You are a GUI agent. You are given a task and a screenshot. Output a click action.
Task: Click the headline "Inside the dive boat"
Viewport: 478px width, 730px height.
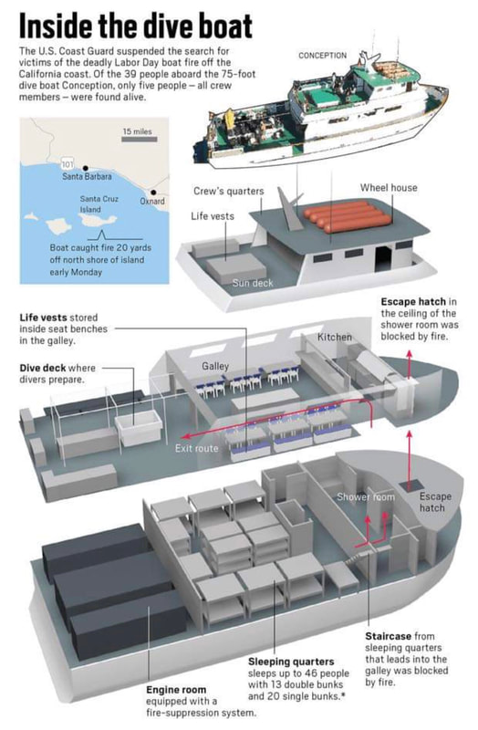coord(136,26)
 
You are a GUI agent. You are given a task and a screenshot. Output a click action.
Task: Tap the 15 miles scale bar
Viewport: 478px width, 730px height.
coord(140,139)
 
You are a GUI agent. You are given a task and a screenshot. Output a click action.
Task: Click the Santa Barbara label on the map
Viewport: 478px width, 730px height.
coord(87,176)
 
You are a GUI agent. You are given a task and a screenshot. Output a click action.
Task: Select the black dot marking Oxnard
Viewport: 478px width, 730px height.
coord(153,193)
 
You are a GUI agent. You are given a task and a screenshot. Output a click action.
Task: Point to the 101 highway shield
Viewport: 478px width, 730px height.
coord(67,163)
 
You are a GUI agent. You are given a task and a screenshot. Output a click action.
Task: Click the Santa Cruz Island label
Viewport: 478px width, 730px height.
coord(99,203)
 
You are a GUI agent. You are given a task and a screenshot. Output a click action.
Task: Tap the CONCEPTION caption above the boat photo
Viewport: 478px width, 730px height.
coord(323,56)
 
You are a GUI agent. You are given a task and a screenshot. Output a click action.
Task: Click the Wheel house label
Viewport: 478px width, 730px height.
coord(389,188)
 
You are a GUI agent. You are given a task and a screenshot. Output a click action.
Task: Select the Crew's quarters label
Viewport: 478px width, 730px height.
coord(229,192)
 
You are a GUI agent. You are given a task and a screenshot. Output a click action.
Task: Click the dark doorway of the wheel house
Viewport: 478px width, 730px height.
coord(382,258)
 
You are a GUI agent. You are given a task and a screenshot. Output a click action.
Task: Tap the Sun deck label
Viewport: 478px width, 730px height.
coord(253,283)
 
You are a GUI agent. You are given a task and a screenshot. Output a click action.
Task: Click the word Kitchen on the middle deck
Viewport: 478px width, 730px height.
coord(335,337)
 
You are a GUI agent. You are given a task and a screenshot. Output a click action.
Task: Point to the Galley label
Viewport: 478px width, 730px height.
coord(215,367)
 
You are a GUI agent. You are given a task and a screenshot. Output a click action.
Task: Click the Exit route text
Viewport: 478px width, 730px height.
coord(196,448)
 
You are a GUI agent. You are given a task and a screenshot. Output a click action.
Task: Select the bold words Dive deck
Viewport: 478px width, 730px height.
coord(44,368)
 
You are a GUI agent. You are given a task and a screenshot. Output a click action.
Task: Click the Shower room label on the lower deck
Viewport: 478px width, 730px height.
coord(366,496)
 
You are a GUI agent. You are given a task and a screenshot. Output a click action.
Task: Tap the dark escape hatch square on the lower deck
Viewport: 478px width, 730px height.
coord(410,486)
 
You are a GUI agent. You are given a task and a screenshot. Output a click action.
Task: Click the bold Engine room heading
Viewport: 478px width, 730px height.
coord(176,690)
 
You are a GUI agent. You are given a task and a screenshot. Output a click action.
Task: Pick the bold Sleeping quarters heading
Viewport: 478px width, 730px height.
coord(291,662)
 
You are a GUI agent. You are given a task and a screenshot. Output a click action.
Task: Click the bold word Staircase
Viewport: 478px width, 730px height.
coord(389,636)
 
